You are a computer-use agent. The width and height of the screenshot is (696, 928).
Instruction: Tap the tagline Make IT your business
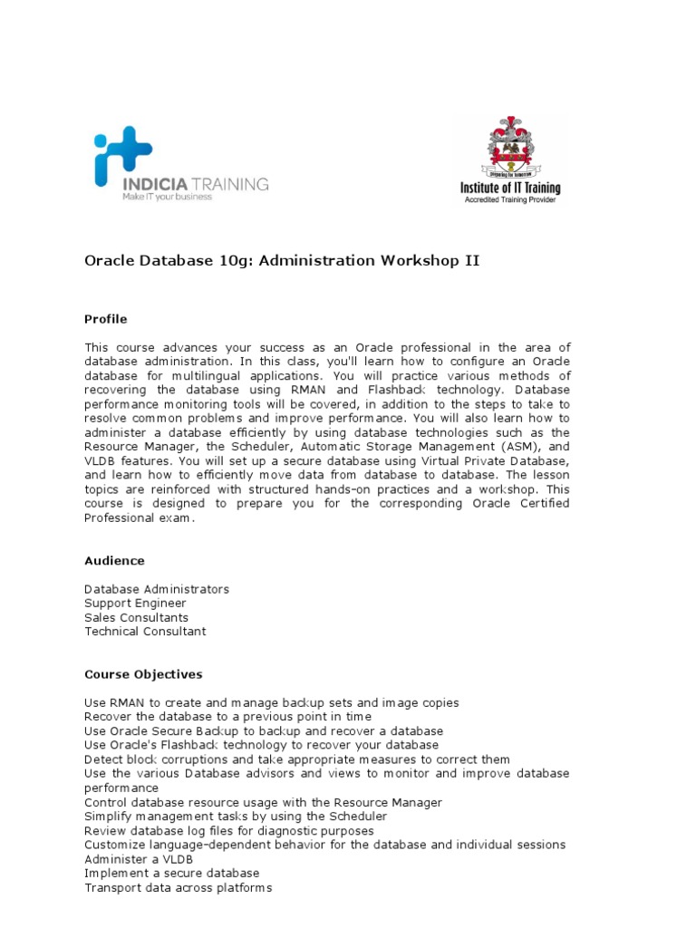click(x=167, y=197)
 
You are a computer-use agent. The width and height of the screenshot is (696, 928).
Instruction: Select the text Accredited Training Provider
click(x=510, y=199)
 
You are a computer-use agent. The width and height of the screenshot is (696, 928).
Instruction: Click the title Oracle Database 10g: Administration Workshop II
click(x=282, y=261)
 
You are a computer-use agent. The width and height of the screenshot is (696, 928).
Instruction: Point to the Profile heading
click(x=106, y=319)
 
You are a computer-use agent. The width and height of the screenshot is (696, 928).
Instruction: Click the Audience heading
click(x=114, y=561)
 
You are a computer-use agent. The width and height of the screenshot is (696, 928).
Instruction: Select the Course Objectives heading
click(x=143, y=674)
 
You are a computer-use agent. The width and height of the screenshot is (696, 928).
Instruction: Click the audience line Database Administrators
click(x=157, y=589)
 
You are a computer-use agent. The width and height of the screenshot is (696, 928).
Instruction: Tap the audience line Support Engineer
click(x=135, y=604)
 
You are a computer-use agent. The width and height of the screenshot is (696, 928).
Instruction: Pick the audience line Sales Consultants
click(x=137, y=617)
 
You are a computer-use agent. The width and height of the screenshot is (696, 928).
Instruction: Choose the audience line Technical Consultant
click(x=145, y=632)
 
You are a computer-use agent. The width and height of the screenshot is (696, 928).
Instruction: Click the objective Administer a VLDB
click(x=137, y=858)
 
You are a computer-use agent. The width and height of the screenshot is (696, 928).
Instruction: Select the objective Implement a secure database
click(x=172, y=873)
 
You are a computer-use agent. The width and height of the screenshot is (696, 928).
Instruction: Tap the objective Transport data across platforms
click(x=178, y=887)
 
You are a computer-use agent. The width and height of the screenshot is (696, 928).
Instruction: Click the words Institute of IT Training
click(x=510, y=188)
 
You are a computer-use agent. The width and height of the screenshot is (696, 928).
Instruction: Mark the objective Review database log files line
click(x=228, y=830)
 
